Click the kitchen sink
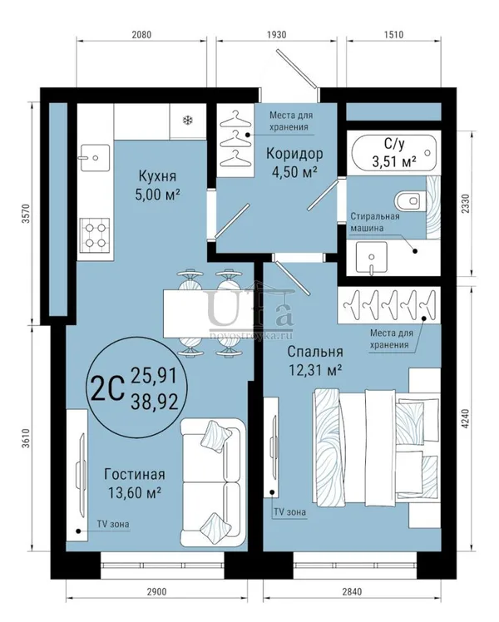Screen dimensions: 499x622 click(95, 157)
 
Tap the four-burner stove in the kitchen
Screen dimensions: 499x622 click(95, 234)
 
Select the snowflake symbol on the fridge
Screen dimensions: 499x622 click(188, 121)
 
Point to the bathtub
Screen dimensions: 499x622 click(393, 153)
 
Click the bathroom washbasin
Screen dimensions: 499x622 click(371, 258)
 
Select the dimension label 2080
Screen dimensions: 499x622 click(141, 35)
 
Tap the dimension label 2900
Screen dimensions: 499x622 click(156, 591)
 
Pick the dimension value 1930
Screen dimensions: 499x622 click(276, 35)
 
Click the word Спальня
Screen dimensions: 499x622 click(315, 352)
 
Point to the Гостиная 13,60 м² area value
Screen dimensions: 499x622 click(135, 492)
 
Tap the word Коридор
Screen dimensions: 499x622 click(294, 153)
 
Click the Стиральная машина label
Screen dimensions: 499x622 click(375, 222)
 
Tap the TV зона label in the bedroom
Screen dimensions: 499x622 click(290, 512)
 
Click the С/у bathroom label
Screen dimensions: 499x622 click(394, 144)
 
